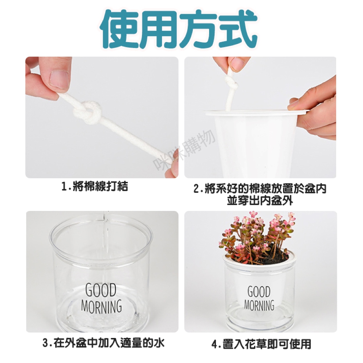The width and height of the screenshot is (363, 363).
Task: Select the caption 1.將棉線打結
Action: [x=95, y=186]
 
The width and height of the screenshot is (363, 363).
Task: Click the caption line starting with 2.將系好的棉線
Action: [x=260, y=188]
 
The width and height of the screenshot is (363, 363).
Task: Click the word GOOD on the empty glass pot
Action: [x=101, y=290]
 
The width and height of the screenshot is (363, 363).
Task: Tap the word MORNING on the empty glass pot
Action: [x=101, y=306]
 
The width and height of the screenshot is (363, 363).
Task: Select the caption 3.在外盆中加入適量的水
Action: [x=103, y=343]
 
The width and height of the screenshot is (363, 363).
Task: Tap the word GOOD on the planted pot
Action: [x=259, y=291]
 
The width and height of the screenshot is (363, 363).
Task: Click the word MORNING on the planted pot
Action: [x=259, y=305]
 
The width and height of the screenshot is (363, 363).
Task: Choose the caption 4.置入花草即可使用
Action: [x=261, y=344]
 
